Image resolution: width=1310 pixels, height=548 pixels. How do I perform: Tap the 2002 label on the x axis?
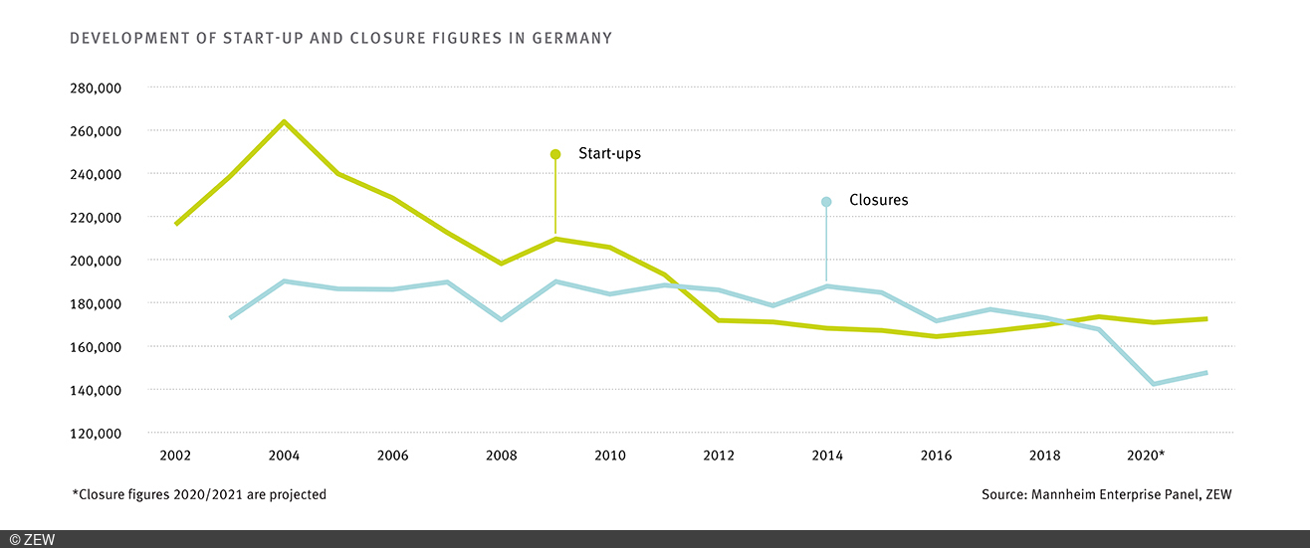[x=175, y=456]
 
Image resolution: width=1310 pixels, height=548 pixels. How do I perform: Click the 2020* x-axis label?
[x=1146, y=456]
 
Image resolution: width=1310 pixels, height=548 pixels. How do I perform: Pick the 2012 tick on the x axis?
[x=719, y=456]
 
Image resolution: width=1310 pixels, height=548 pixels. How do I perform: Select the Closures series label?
[x=878, y=200]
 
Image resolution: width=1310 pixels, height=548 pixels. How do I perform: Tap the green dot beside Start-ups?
[x=555, y=154]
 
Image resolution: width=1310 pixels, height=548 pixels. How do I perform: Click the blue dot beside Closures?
[x=826, y=202]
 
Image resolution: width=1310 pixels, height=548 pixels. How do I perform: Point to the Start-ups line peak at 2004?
[x=284, y=122]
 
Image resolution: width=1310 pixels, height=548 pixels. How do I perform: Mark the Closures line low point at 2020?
[x=1153, y=384]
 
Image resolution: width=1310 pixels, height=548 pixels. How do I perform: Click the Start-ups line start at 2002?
[x=176, y=224]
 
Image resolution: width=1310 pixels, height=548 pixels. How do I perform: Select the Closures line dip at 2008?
[x=502, y=319]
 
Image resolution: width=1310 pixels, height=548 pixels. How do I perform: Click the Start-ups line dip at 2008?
[x=502, y=264]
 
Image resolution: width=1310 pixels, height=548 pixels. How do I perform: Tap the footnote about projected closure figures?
[x=199, y=494]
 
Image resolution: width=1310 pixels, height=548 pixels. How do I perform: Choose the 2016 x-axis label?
[x=936, y=456]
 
